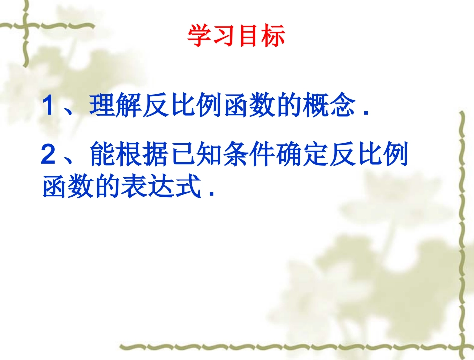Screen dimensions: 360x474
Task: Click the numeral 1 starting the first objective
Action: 48,106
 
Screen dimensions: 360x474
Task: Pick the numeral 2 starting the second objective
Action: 48,155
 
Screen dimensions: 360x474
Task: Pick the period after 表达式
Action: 212,193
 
